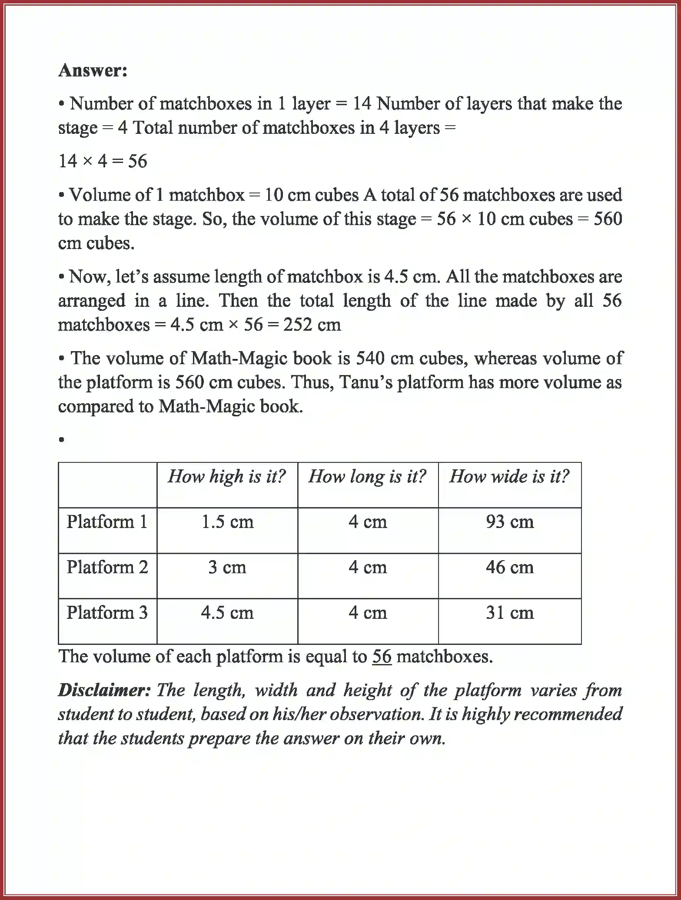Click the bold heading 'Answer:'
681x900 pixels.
click(93, 70)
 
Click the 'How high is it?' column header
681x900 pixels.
click(227, 476)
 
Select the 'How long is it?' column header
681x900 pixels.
click(368, 476)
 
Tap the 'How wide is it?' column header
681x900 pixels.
click(509, 476)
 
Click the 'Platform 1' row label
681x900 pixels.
click(107, 521)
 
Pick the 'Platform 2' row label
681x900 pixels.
click(107, 567)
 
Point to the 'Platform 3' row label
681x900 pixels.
click(107, 612)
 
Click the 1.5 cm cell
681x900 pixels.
click(227, 521)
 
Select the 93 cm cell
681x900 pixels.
click(510, 521)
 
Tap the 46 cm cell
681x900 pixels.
click(510, 567)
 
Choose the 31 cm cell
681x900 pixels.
click(510, 612)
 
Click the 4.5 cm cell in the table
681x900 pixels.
click(227, 612)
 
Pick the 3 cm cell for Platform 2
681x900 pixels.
click(227, 567)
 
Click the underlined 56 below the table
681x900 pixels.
click(382, 656)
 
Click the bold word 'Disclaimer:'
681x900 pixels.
click(104, 690)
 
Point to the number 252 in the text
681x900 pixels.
click(297, 325)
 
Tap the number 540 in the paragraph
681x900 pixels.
click(370, 358)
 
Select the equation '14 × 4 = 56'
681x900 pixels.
click(103, 161)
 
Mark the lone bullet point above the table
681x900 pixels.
click(62, 440)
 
